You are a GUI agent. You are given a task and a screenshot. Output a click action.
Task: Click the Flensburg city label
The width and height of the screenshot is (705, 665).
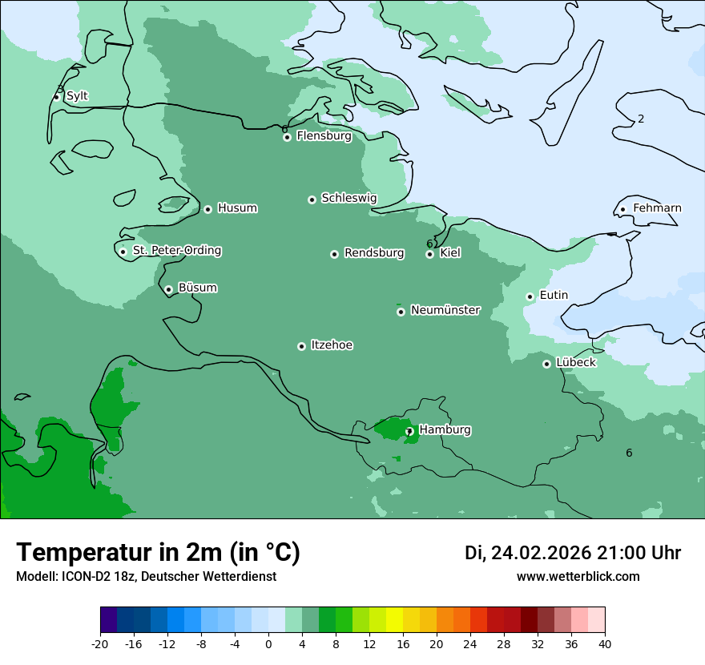(x=324, y=136)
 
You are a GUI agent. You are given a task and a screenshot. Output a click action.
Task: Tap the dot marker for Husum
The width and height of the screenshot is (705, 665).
(x=207, y=209)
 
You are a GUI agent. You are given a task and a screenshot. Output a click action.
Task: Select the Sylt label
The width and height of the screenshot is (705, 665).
(x=77, y=96)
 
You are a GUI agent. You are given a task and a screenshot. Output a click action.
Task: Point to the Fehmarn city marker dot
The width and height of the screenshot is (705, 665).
(x=622, y=210)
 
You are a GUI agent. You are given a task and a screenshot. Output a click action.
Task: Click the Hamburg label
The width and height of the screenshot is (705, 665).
(x=445, y=430)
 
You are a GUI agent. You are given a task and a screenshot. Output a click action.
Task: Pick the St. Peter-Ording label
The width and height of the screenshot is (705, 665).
(x=177, y=251)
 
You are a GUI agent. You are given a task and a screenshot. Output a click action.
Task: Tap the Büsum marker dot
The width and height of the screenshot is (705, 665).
(x=168, y=290)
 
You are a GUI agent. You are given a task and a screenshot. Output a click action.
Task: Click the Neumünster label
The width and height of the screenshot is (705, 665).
(x=445, y=310)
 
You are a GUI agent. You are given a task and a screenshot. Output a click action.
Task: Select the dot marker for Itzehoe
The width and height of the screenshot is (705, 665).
(x=301, y=347)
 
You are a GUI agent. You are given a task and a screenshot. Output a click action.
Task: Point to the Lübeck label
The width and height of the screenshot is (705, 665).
(x=575, y=363)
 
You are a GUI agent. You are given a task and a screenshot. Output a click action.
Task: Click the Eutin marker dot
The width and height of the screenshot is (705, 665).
(x=530, y=296)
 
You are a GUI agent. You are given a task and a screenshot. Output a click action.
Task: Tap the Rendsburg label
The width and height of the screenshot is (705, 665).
(x=374, y=253)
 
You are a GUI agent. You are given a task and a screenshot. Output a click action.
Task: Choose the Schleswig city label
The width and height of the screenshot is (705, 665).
(x=348, y=198)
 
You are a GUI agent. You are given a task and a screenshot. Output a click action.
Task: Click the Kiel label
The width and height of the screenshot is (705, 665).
(x=450, y=253)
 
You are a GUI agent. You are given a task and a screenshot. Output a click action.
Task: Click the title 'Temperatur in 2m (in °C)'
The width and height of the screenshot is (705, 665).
(x=159, y=552)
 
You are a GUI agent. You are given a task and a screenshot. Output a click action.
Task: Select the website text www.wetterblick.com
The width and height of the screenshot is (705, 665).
(x=578, y=576)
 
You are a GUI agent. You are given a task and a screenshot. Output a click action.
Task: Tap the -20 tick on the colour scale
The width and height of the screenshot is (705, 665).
(x=100, y=643)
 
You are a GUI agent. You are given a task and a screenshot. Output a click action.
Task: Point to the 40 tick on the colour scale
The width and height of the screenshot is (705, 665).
(x=604, y=643)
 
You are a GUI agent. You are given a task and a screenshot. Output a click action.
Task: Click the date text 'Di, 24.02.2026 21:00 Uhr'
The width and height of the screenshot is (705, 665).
(x=572, y=553)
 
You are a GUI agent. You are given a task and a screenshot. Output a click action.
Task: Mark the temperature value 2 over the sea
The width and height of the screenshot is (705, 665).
(x=641, y=119)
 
